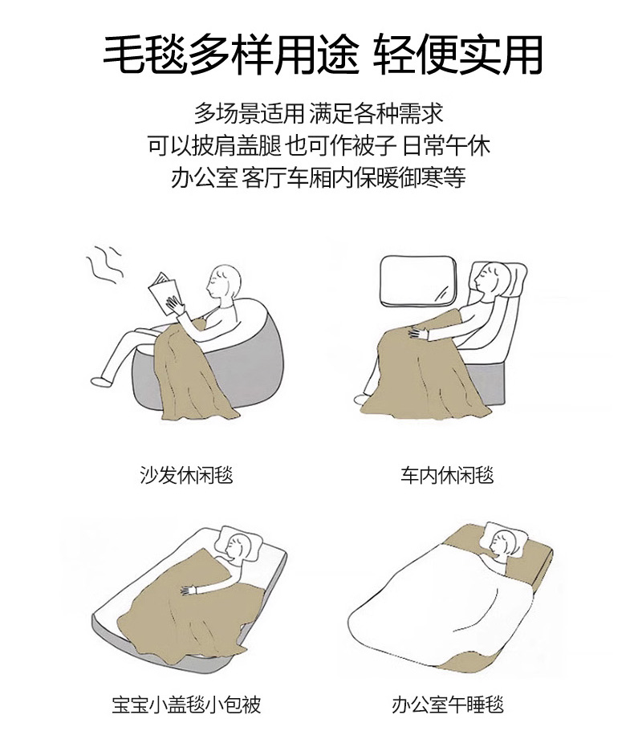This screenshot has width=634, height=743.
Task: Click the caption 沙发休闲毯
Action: click(186, 475)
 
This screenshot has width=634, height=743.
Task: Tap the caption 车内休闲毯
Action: click(447, 475)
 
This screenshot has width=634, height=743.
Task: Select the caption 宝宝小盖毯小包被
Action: click(186, 704)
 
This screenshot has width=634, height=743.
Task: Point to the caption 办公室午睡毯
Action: click(447, 704)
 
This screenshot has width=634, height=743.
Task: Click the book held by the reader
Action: click(164, 294)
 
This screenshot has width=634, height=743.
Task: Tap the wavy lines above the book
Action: click(104, 265)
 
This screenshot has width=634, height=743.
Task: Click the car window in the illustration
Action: click(418, 279)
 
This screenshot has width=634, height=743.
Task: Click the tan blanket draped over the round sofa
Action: click(189, 375)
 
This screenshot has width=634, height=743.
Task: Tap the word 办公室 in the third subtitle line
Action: click(204, 177)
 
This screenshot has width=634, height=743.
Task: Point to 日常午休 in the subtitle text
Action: click(446, 146)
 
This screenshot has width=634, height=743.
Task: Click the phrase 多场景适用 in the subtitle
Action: click(249, 114)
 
